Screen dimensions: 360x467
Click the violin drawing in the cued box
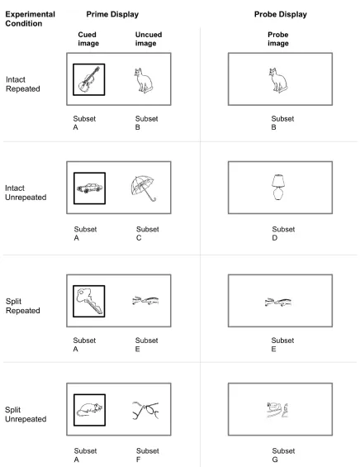[89, 79]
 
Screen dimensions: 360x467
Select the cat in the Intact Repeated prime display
[143, 80]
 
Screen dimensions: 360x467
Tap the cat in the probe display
[278, 80]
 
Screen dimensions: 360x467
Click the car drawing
[89, 188]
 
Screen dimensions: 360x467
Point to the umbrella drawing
[143, 188]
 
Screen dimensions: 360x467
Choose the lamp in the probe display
[278, 187]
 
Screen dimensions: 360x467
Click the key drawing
[89, 300]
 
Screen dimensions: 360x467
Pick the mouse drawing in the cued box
[89, 410]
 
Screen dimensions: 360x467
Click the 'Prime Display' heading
[112, 14]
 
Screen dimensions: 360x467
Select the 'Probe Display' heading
[280, 14]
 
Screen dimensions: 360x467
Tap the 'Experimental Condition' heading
[30, 19]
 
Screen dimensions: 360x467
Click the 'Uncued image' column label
[149, 39]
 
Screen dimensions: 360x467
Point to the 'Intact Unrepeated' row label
[26, 193]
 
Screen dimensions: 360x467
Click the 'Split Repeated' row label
[22, 306]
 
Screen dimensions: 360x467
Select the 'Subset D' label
[283, 233]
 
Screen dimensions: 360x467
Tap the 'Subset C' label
[147, 233]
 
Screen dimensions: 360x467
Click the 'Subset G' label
[283, 455]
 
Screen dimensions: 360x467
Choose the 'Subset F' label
[147, 455]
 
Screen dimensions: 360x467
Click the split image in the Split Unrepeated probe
[277, 410]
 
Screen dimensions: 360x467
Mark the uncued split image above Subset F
[145, 410]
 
